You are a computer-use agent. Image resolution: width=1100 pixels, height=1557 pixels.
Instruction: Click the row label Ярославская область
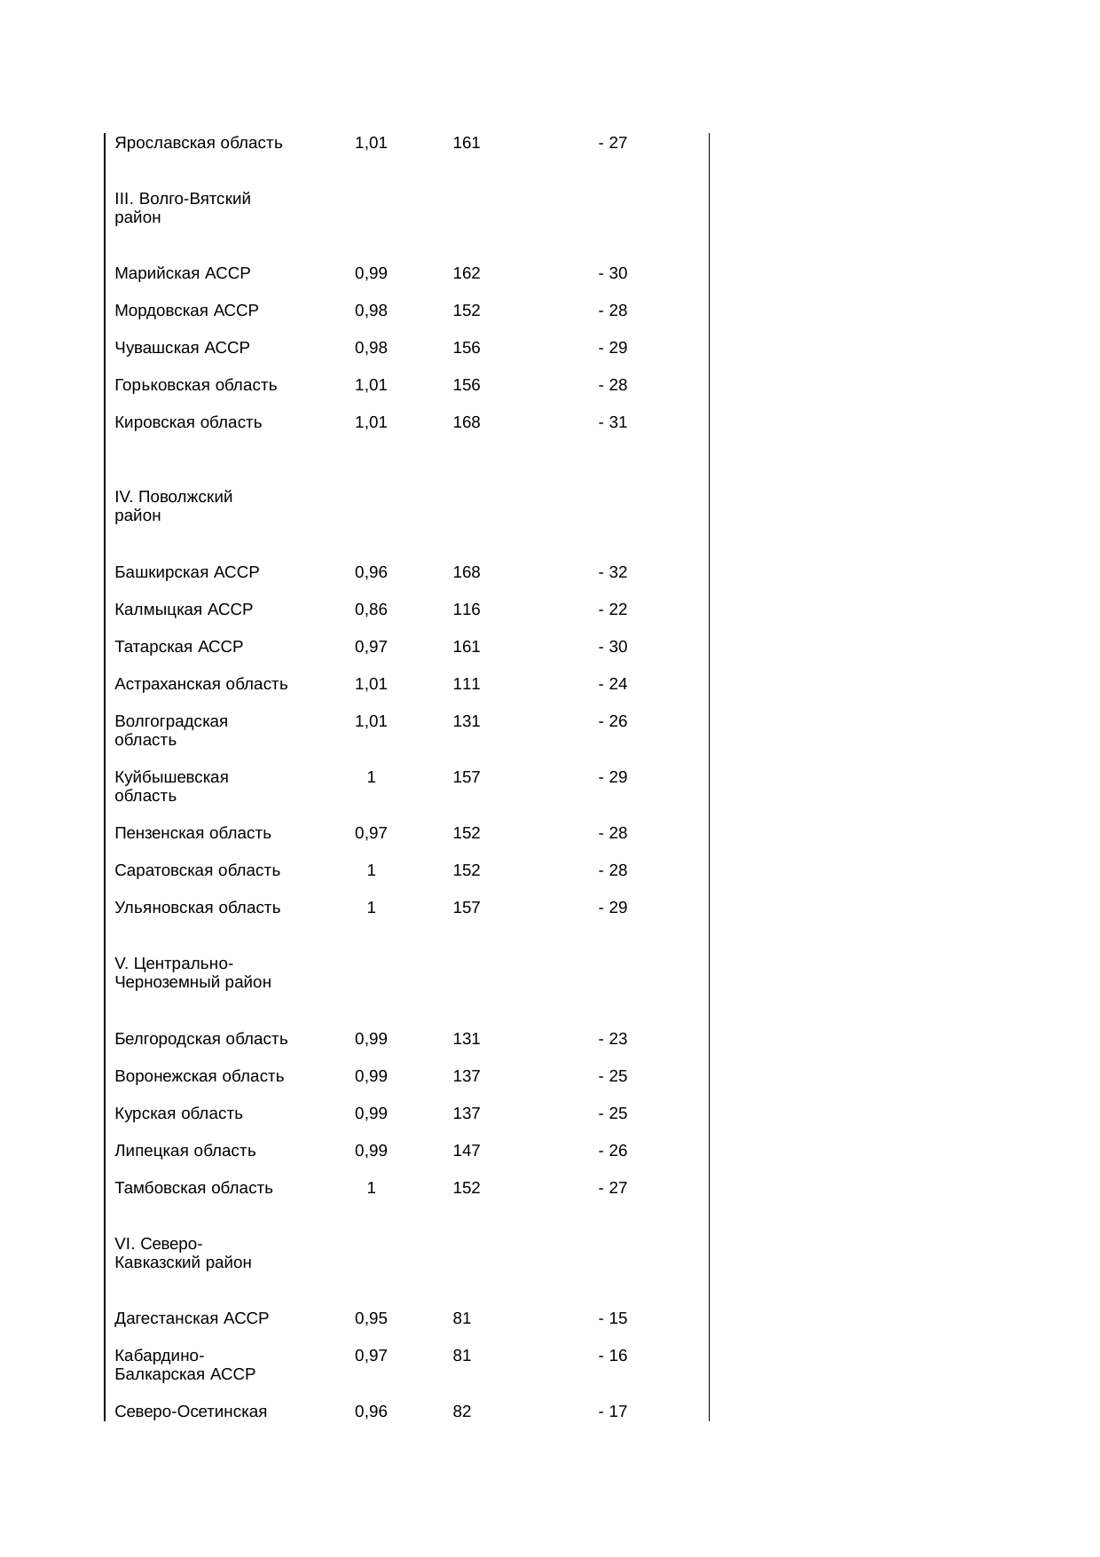[199, 143]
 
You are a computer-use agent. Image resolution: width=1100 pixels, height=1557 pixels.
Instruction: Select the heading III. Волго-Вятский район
[183, 208]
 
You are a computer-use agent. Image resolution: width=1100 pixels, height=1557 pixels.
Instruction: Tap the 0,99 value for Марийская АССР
[371, 273]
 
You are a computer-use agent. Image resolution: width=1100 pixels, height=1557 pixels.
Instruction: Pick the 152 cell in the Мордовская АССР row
[467, 311]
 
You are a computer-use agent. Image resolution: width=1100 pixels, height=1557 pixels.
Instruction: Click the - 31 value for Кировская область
[613, 422]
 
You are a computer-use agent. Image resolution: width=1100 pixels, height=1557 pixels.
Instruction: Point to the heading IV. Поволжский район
[174, 507]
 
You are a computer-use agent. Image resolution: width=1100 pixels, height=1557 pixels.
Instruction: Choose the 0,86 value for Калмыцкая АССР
[371, 609]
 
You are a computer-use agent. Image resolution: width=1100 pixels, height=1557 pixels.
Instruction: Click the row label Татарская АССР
[178, 647]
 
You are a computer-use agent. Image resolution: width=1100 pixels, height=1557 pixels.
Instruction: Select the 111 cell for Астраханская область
[467, 684]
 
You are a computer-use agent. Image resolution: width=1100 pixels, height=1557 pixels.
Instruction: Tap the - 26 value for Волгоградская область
[613, 721]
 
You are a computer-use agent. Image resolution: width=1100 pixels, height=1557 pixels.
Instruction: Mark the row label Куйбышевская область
[171, 787]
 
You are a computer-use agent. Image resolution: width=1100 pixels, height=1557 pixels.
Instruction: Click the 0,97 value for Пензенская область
[371, 833]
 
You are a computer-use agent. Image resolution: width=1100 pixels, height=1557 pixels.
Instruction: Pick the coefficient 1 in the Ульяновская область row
[372, 908]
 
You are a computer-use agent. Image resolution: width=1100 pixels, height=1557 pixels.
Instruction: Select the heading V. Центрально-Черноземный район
[192, 973]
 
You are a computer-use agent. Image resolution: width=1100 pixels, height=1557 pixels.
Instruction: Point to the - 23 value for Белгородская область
[613, 1039]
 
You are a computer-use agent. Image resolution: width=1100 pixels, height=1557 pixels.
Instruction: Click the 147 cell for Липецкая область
[467, 1151]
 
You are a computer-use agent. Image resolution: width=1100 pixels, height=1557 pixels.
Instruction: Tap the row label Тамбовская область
[193, 1188]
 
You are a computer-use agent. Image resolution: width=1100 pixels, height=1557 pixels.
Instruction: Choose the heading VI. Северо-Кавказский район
[183, 1254]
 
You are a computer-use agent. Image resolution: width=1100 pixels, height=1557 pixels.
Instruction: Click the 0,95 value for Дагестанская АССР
[371, 1318]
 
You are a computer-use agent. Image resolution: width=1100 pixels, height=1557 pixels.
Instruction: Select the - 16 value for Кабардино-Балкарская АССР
[613, 1356]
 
